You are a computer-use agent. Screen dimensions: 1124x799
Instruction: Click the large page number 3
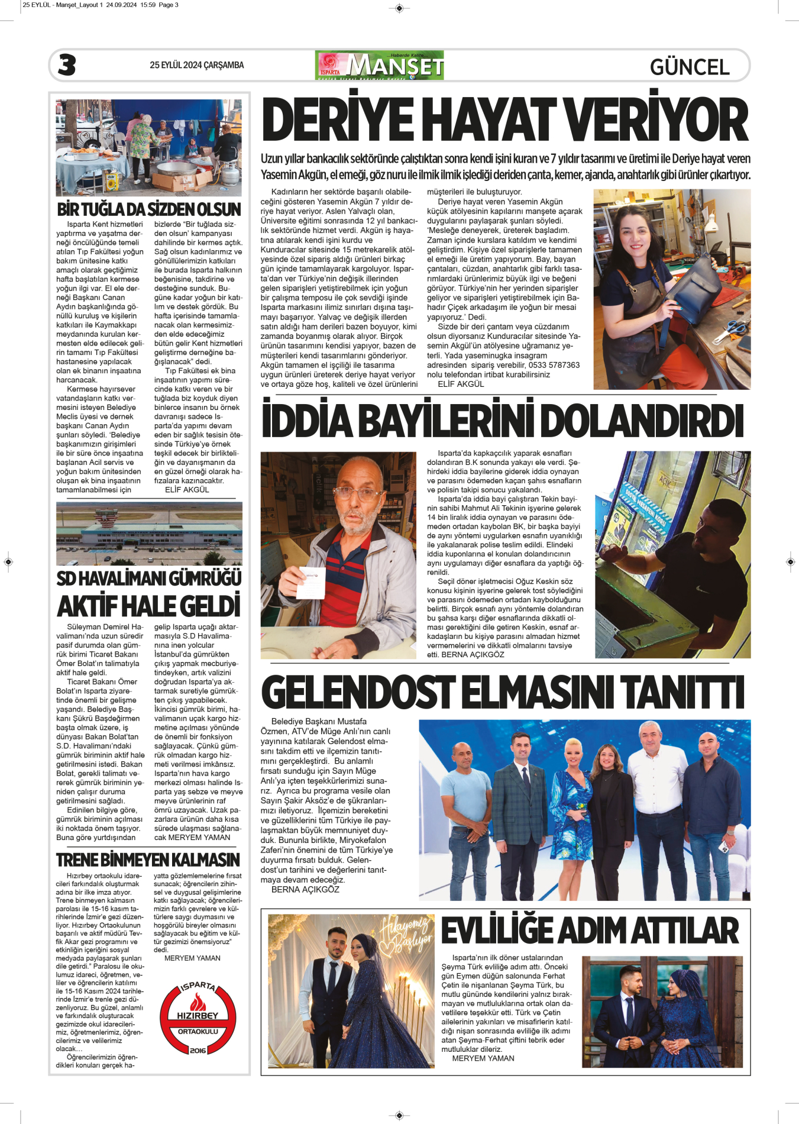point(67,65)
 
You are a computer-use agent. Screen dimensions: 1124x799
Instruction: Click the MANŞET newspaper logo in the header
point(380,65)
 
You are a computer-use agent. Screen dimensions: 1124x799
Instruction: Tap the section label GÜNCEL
point(689,67)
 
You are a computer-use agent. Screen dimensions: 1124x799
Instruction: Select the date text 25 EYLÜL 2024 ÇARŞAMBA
point(196,65)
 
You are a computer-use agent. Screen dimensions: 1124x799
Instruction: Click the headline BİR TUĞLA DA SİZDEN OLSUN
point(148,209)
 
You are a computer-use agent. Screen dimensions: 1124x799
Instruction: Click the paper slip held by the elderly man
point(311,582)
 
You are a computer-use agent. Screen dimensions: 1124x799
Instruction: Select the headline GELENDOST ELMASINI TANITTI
point(503,692)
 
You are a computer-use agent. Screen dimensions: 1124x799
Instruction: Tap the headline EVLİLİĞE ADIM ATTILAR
point(590,931)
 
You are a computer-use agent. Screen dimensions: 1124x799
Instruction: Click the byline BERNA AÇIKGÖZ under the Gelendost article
point(305,889)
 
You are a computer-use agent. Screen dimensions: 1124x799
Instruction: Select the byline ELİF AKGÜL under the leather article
point(461,384)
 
